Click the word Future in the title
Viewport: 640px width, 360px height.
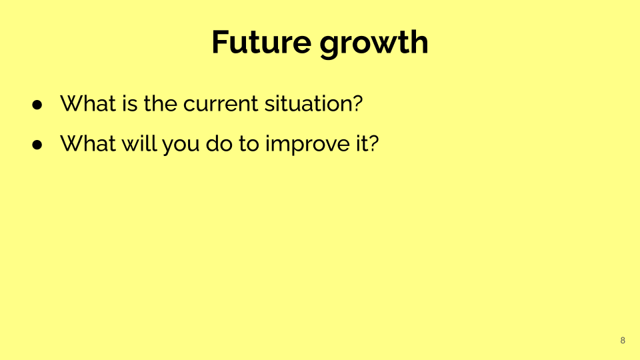point(261,42)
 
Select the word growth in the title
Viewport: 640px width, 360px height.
point(374,44)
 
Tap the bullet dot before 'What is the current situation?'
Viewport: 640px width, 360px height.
point(37,105)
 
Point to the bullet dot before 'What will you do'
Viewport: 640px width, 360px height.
point(37,145)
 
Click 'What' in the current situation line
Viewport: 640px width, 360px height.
point(88,103)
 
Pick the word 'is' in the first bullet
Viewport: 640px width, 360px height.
point(130,103)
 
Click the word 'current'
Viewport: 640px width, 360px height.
point(221,105)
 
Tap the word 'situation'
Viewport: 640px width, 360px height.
point(308,103)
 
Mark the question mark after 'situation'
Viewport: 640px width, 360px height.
point(358,103)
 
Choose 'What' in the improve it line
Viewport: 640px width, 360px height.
point(88,143)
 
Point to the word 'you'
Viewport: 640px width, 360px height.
point(181,146)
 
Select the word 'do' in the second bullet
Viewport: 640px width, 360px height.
point(219,143)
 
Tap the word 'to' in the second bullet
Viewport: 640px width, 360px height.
point(249,144)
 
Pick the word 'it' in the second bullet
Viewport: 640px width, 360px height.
point(359,143)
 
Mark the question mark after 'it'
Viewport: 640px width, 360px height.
point(374,143)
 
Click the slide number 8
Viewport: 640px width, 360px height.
point(623,341)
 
